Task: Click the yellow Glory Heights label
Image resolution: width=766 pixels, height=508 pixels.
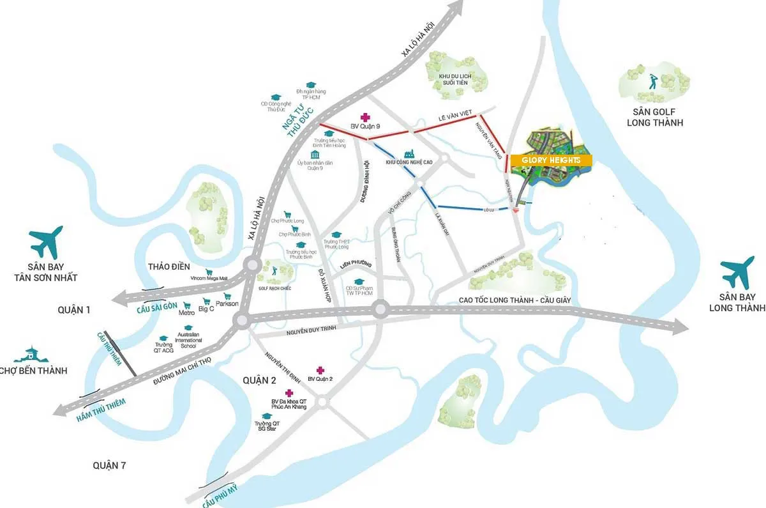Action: pos(550,160)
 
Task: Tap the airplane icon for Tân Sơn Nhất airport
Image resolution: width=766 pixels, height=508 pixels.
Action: pos(46,242)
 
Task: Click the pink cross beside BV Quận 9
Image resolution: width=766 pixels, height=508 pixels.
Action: pos(365,117)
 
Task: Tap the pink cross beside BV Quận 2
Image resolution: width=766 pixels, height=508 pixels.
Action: pos(320,371)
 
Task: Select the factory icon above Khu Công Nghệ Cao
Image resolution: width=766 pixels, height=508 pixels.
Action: pos(409,153)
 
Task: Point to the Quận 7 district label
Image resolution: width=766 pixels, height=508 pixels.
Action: pos(109,465)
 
